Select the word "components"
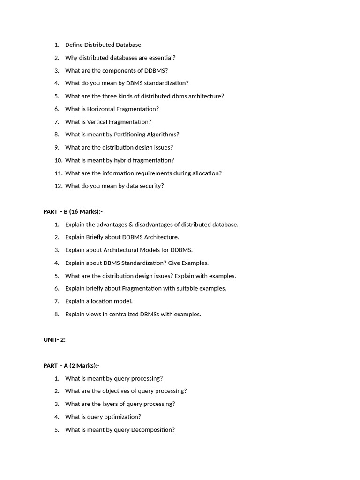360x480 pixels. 118,70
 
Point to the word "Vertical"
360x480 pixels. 97,122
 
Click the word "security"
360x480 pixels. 150,186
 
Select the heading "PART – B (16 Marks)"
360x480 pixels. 73,211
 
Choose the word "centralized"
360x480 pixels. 123,314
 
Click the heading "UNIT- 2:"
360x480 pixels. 54,339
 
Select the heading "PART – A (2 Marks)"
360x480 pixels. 71,365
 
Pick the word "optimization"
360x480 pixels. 124,417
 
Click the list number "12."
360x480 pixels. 58,186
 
